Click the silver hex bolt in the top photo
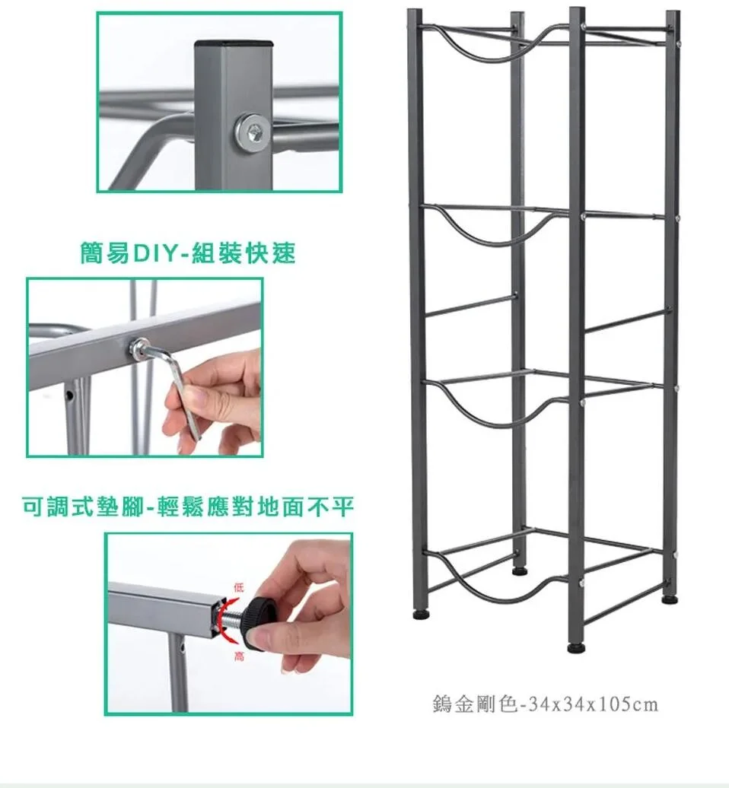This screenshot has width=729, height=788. coord(252,132)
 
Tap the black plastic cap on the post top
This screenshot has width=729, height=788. coord(234,43)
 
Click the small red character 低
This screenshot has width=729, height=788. coord(238,587)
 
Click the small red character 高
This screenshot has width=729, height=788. coord(238,656)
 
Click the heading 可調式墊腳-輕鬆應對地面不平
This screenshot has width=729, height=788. coord(188,507)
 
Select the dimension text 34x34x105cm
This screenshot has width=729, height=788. coord(589,704)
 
